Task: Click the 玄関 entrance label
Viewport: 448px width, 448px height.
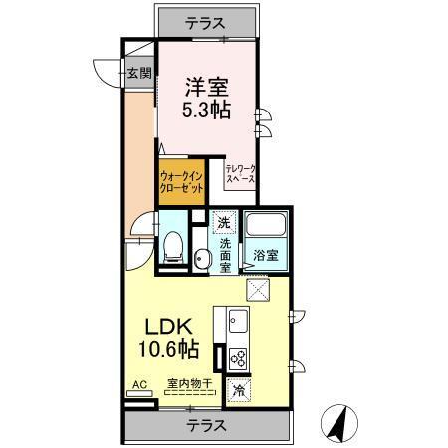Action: pyautogui.click(x=139, y=72)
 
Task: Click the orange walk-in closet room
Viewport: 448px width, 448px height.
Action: pyautogui.click(x=182, y=182)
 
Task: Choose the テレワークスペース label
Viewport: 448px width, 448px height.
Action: pyautogui.click(x=240, y=176)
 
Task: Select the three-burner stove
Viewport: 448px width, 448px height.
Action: pyautogui.click(x=239, y=357)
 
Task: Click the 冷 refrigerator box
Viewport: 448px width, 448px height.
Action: pyautogui.click(x=239, y=389)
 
